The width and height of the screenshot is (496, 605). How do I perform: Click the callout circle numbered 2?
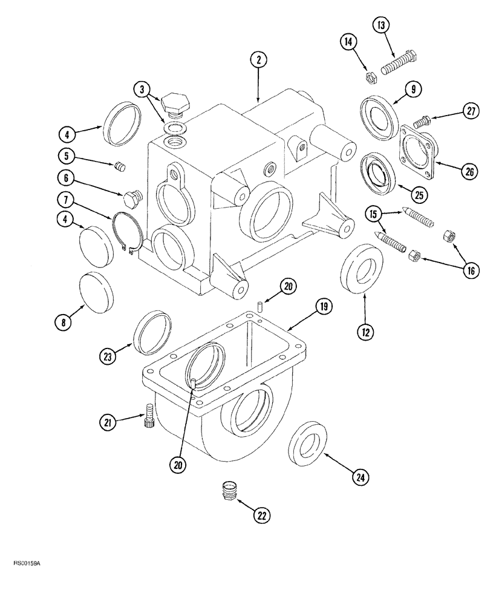pyautogui.click(x=258, y=60)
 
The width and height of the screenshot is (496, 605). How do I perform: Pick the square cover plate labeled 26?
pyautogui.click(x=417, y=150)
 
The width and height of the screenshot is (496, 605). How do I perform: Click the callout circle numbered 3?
pyautogui.click(x=142, y=90)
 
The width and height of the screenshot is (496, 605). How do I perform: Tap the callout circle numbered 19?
pyautogui.click(x=324, y=307)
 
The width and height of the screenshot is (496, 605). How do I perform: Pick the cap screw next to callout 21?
pyautogui.click(x=148, y=417)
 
